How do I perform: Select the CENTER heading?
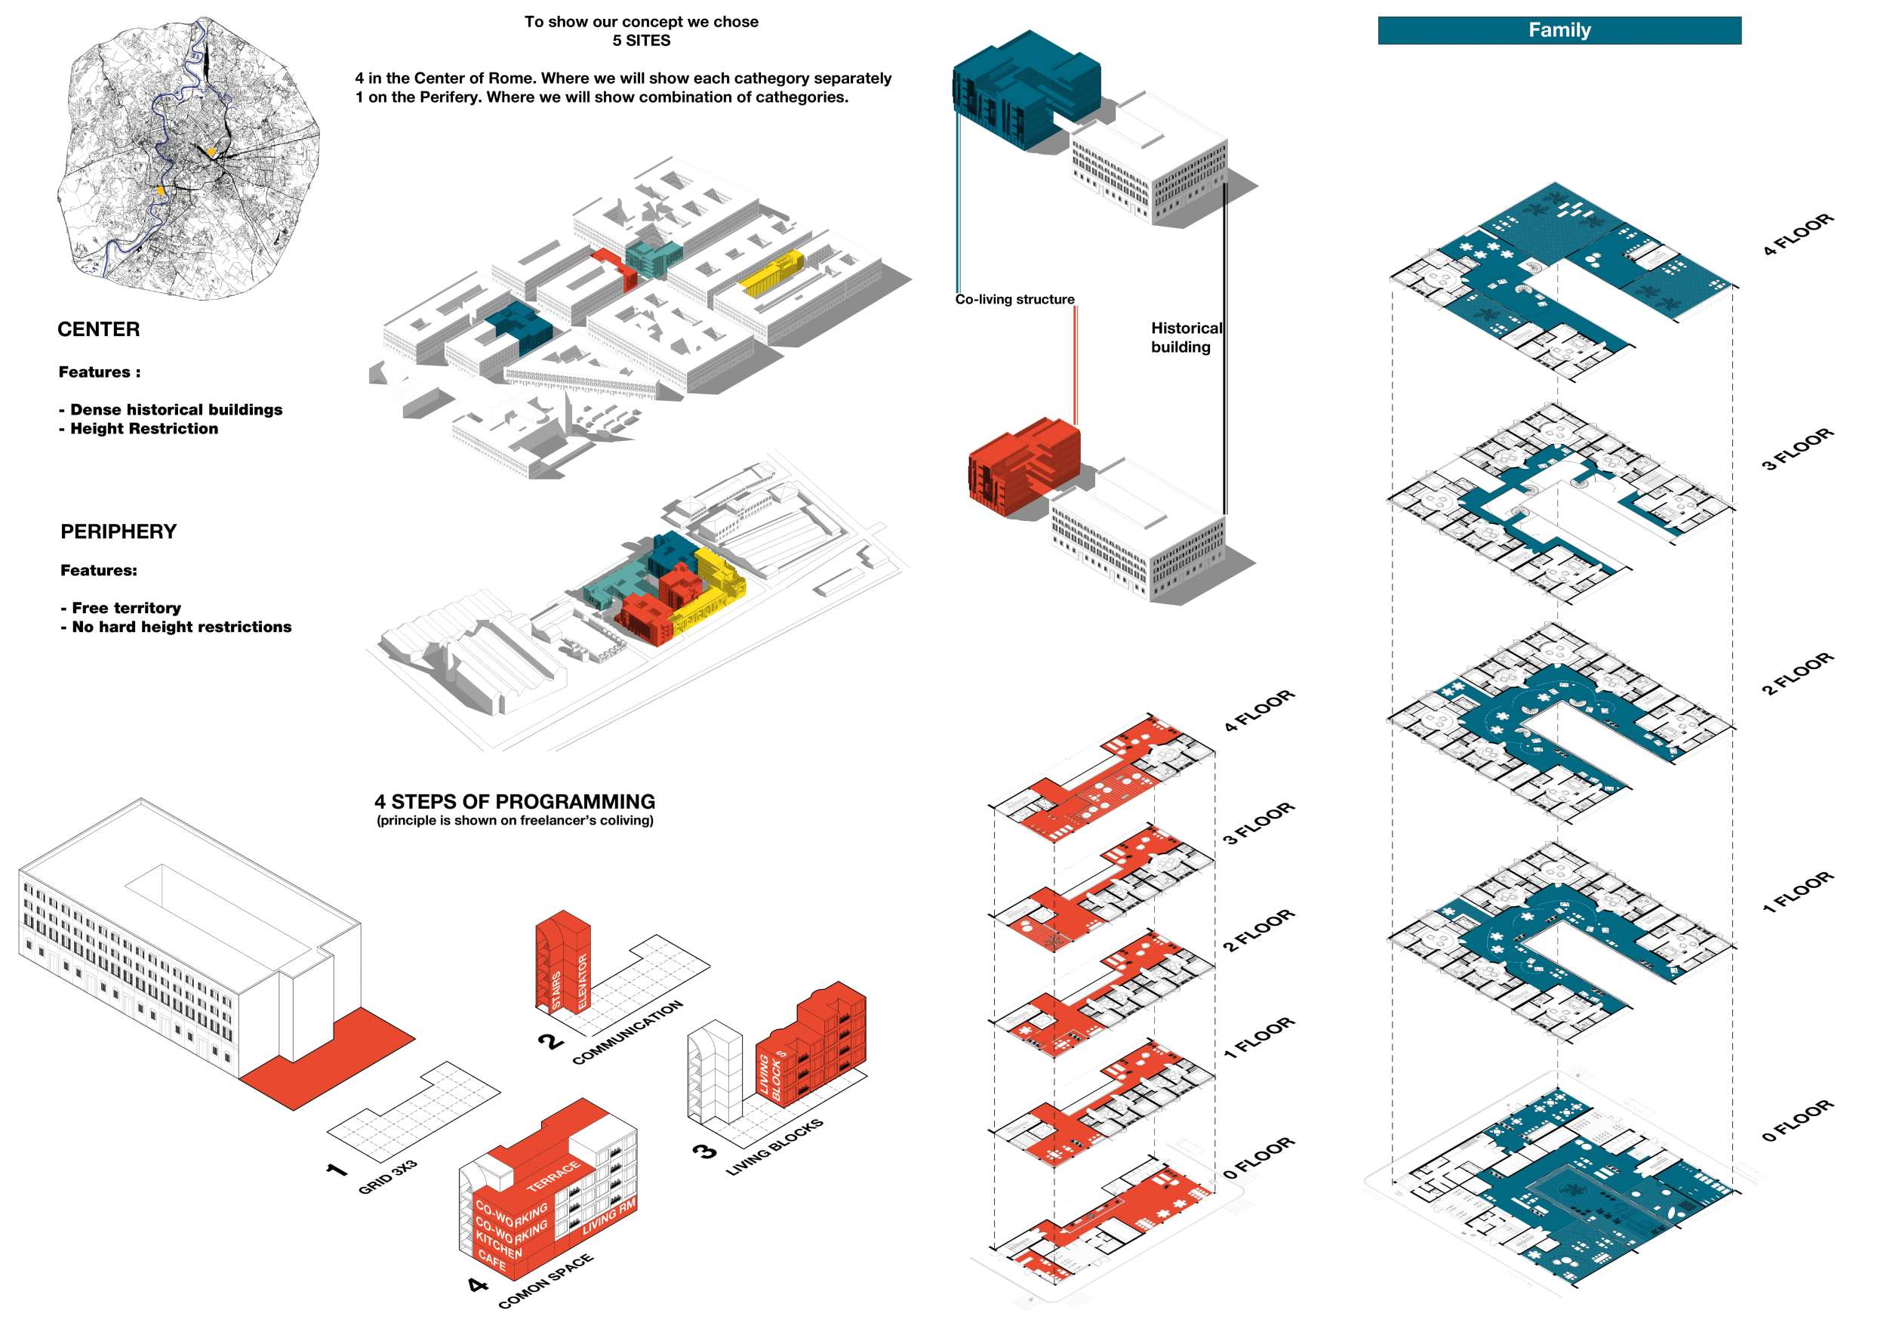click(99, 330)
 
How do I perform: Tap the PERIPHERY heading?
click(119, 532)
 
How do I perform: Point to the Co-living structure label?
click(1014, 300)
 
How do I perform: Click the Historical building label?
click(1185, 338)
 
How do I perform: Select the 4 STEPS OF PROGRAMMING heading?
click(515, 801)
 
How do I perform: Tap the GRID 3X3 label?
click(388, 1177)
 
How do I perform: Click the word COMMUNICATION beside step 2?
click(627, 1032)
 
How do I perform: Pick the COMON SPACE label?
click(545, 1281)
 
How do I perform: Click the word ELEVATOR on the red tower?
click(583, 981)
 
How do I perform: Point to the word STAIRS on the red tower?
click(556, 990)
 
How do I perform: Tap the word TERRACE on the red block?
click(553, 1176)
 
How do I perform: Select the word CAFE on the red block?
click(491, 1259)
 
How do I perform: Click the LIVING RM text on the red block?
click(609, 1217)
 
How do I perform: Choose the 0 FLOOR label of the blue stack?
click(1797, 1121)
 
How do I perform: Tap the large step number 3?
click(705, 1152)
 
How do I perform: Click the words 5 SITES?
click(641, 40)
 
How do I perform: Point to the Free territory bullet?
click(126, 609)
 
